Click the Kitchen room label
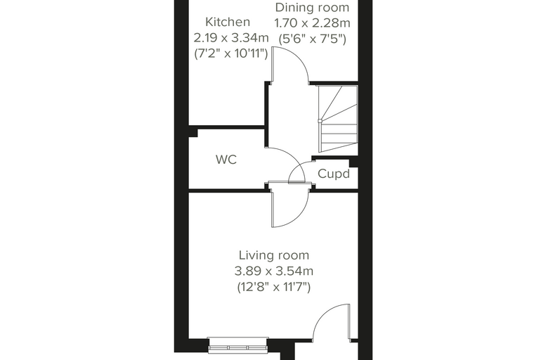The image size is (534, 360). (228, 22)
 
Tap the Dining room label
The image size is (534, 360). (312, 8)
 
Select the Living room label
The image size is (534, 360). (274, 255)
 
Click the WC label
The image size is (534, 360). (226, 159)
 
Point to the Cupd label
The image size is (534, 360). (334, 174)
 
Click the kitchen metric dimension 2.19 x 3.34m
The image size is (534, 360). (231, 37)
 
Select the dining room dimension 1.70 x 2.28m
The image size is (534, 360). (312, 23)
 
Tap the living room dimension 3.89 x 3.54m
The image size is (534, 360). (274, 271)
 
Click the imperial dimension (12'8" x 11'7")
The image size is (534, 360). (274, 287)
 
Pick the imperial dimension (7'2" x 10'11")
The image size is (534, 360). (231, 53)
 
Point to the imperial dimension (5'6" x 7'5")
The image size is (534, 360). (312, 39)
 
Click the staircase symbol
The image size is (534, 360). (338, 119)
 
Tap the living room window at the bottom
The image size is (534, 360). (237, 345)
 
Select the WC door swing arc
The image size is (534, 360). (294, 158)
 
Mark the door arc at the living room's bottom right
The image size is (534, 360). (323, 314)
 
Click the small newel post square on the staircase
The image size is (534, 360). (320, 121)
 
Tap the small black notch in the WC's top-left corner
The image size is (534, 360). (193, 133)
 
